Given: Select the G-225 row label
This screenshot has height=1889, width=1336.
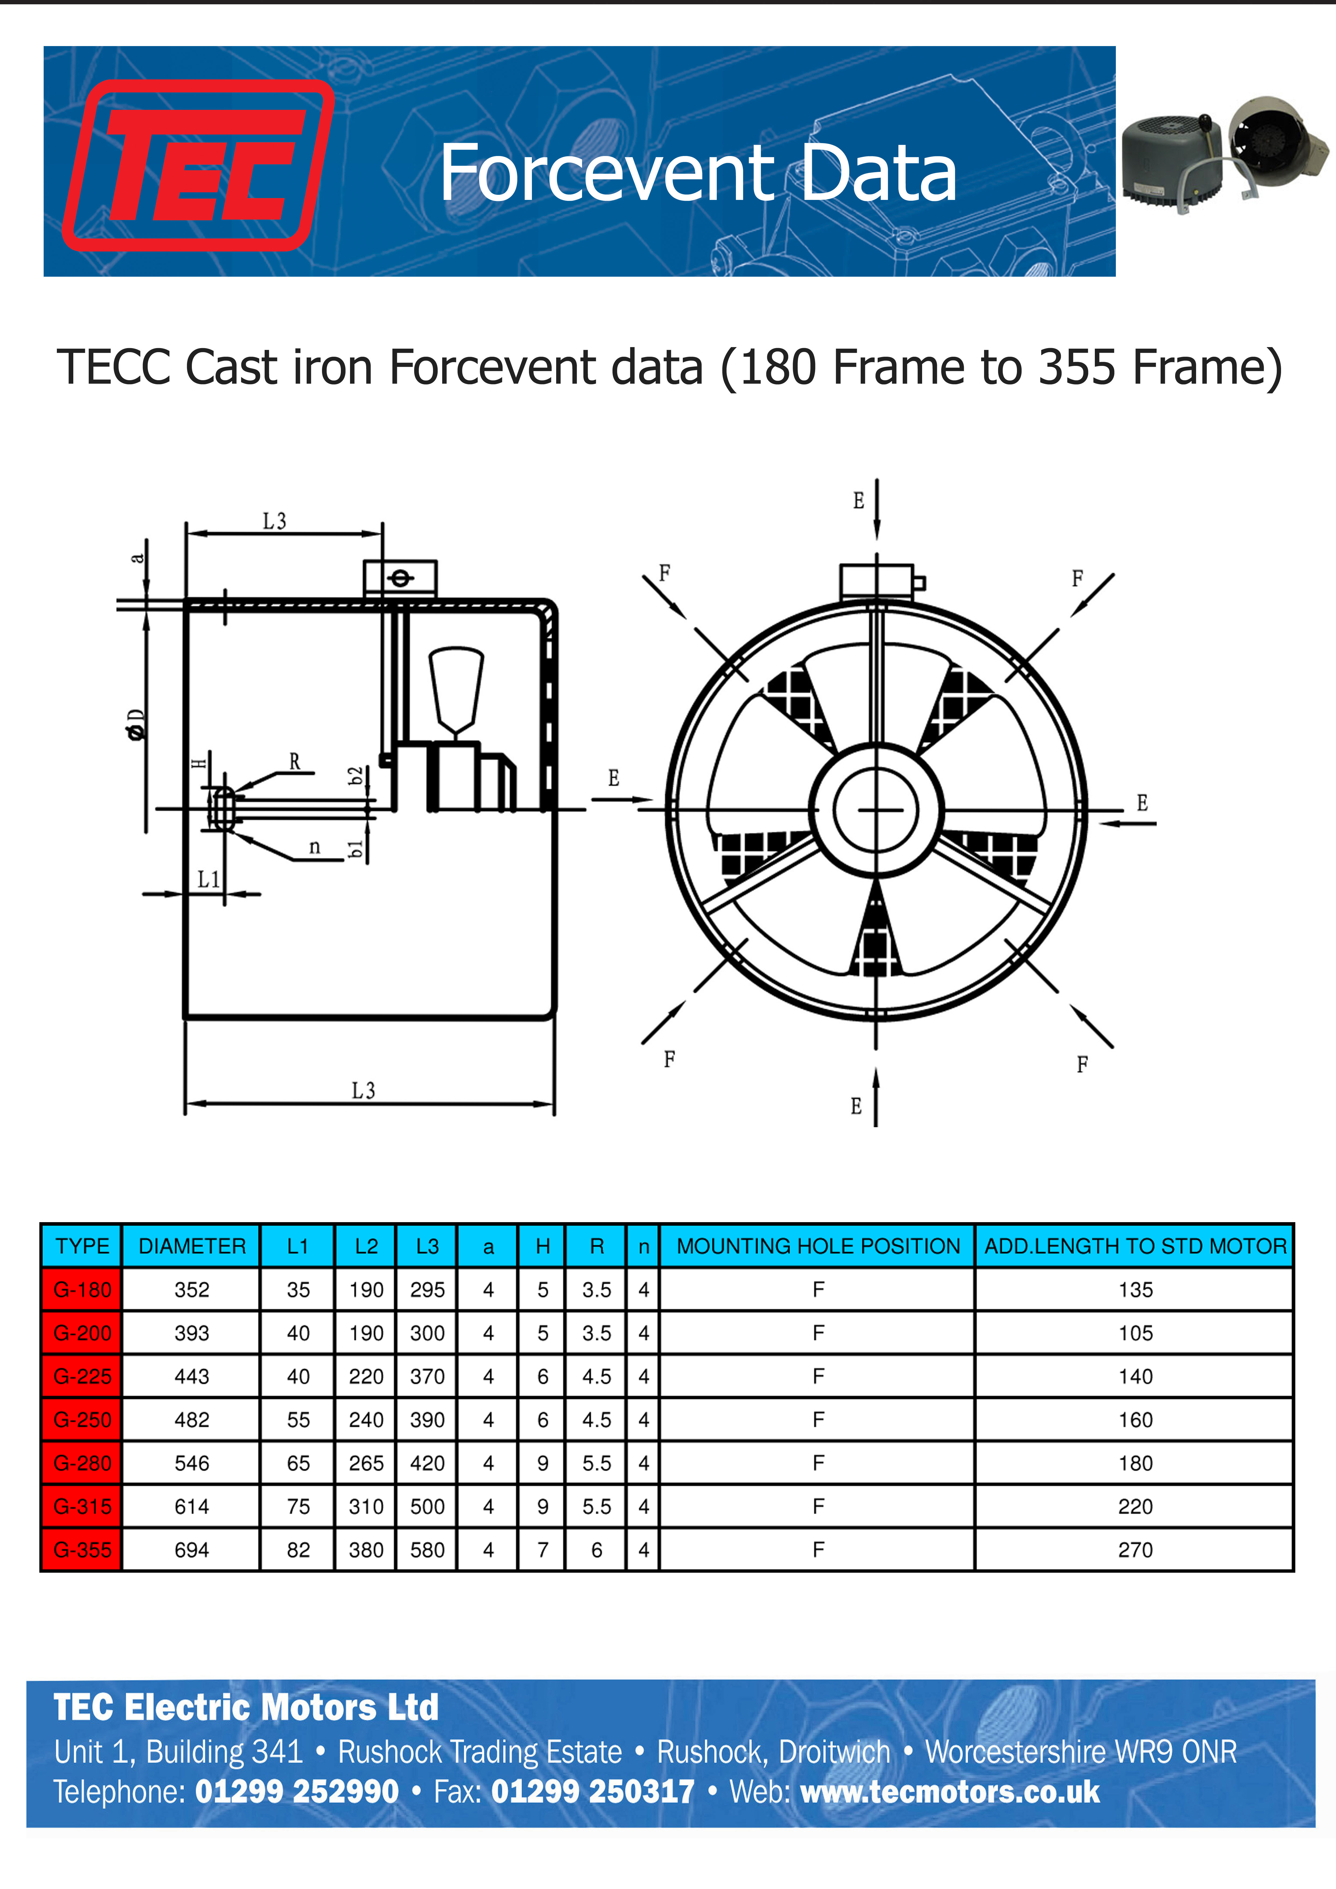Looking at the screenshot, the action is coord(82,1377).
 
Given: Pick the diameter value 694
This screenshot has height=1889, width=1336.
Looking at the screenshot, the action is coord(192,1550).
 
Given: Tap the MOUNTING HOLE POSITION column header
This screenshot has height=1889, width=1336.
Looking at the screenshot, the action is coord(818,1246).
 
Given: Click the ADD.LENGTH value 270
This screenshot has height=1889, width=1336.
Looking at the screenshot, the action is coord(1135,1550).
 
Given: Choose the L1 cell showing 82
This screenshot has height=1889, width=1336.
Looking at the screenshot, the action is coord(298,1550).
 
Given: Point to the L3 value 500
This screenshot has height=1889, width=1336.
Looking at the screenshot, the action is coord(427,1506).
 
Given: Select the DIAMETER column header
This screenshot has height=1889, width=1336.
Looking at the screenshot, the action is coord(192,1246).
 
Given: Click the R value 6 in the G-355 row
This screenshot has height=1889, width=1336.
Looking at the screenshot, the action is coord(596,1550).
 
